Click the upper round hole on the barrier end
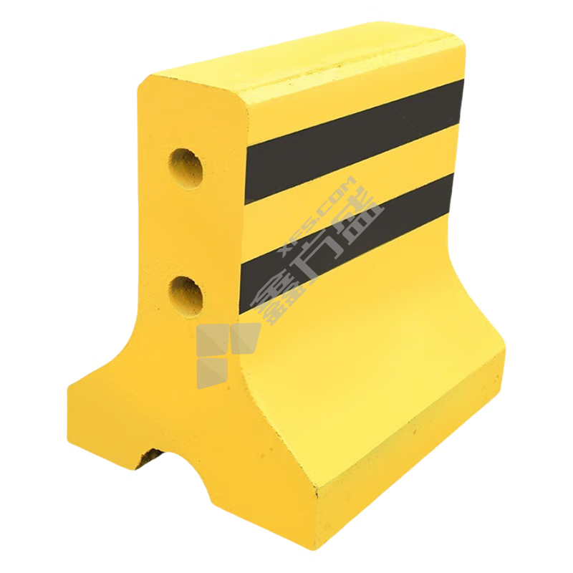(x=186, y=168)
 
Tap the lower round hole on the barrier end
(x=186, y=297)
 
